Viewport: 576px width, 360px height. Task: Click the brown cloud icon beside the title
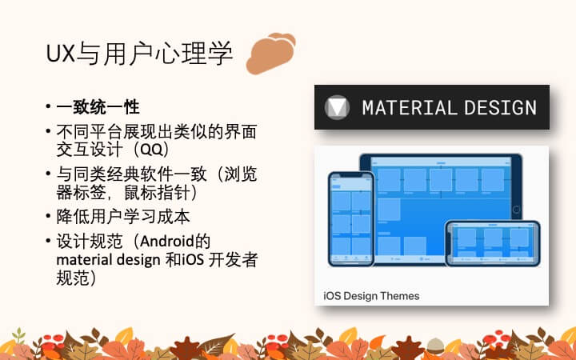click(x=270, y=54)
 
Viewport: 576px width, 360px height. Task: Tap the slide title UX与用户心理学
click(x=139, y=54)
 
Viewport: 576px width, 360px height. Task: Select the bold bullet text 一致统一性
click(x=98, y=107)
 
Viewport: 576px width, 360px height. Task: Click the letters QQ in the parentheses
click(x=151, y=150)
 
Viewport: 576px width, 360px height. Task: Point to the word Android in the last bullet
click(x=167, y=242)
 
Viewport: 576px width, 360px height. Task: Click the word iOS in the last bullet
click(x=193, y=260)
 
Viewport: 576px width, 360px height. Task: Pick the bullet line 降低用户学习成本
click(x=123, y=217)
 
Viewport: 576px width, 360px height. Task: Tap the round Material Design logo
click(x=337, y=107)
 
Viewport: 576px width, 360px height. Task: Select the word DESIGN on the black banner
click(x=500, y=108)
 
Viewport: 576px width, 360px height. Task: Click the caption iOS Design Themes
click(x=371, y=296)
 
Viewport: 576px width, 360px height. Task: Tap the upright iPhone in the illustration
click(x=351, y=218)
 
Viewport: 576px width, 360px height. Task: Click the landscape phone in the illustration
click(x=493, y=243)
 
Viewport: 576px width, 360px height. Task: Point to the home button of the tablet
click(x=516, y=210)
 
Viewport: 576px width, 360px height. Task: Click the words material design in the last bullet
click(x=108, y=261)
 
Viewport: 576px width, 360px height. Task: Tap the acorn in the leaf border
click(x=435, y=346)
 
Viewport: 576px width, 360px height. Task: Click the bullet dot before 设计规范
click(x=48, y=241)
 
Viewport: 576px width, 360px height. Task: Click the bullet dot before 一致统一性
click(x=48, y=107)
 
